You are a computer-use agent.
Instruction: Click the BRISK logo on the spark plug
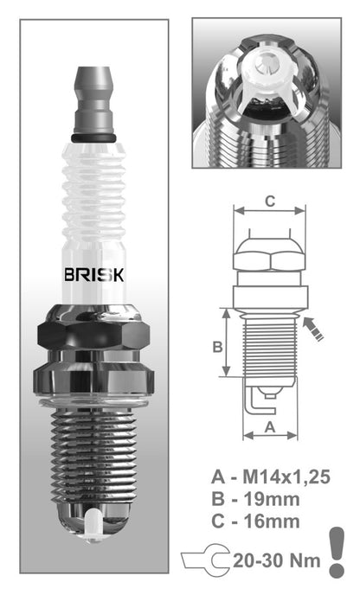coord(94,276)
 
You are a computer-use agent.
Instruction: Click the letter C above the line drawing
coord(270,202)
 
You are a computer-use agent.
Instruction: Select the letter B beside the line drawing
coord(218,347)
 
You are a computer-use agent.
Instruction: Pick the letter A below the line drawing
coord(269,426)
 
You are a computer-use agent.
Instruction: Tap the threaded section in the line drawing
coord(270,346)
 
